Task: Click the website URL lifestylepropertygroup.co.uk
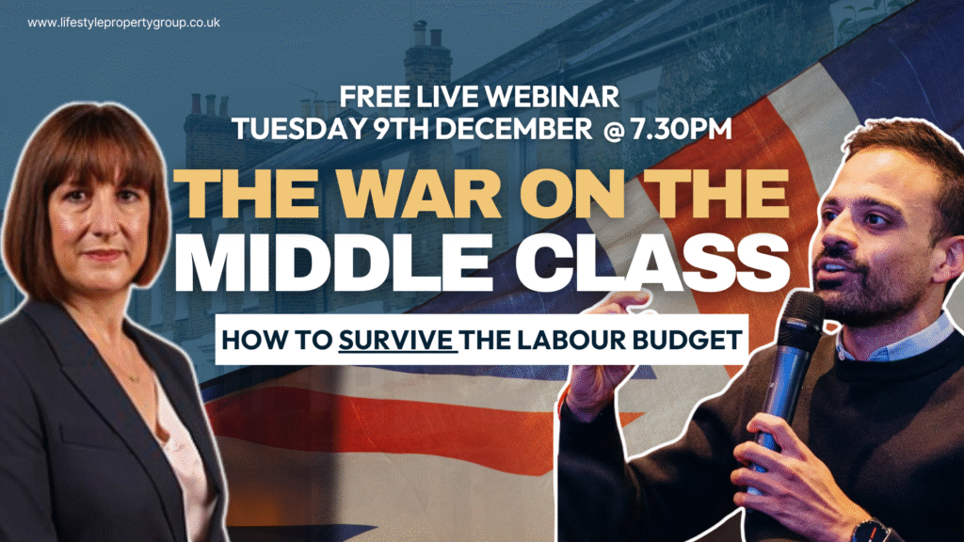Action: pyautogui.click(x=123, y=22)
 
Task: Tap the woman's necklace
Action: pyautogui.click(x=132, y=376)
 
